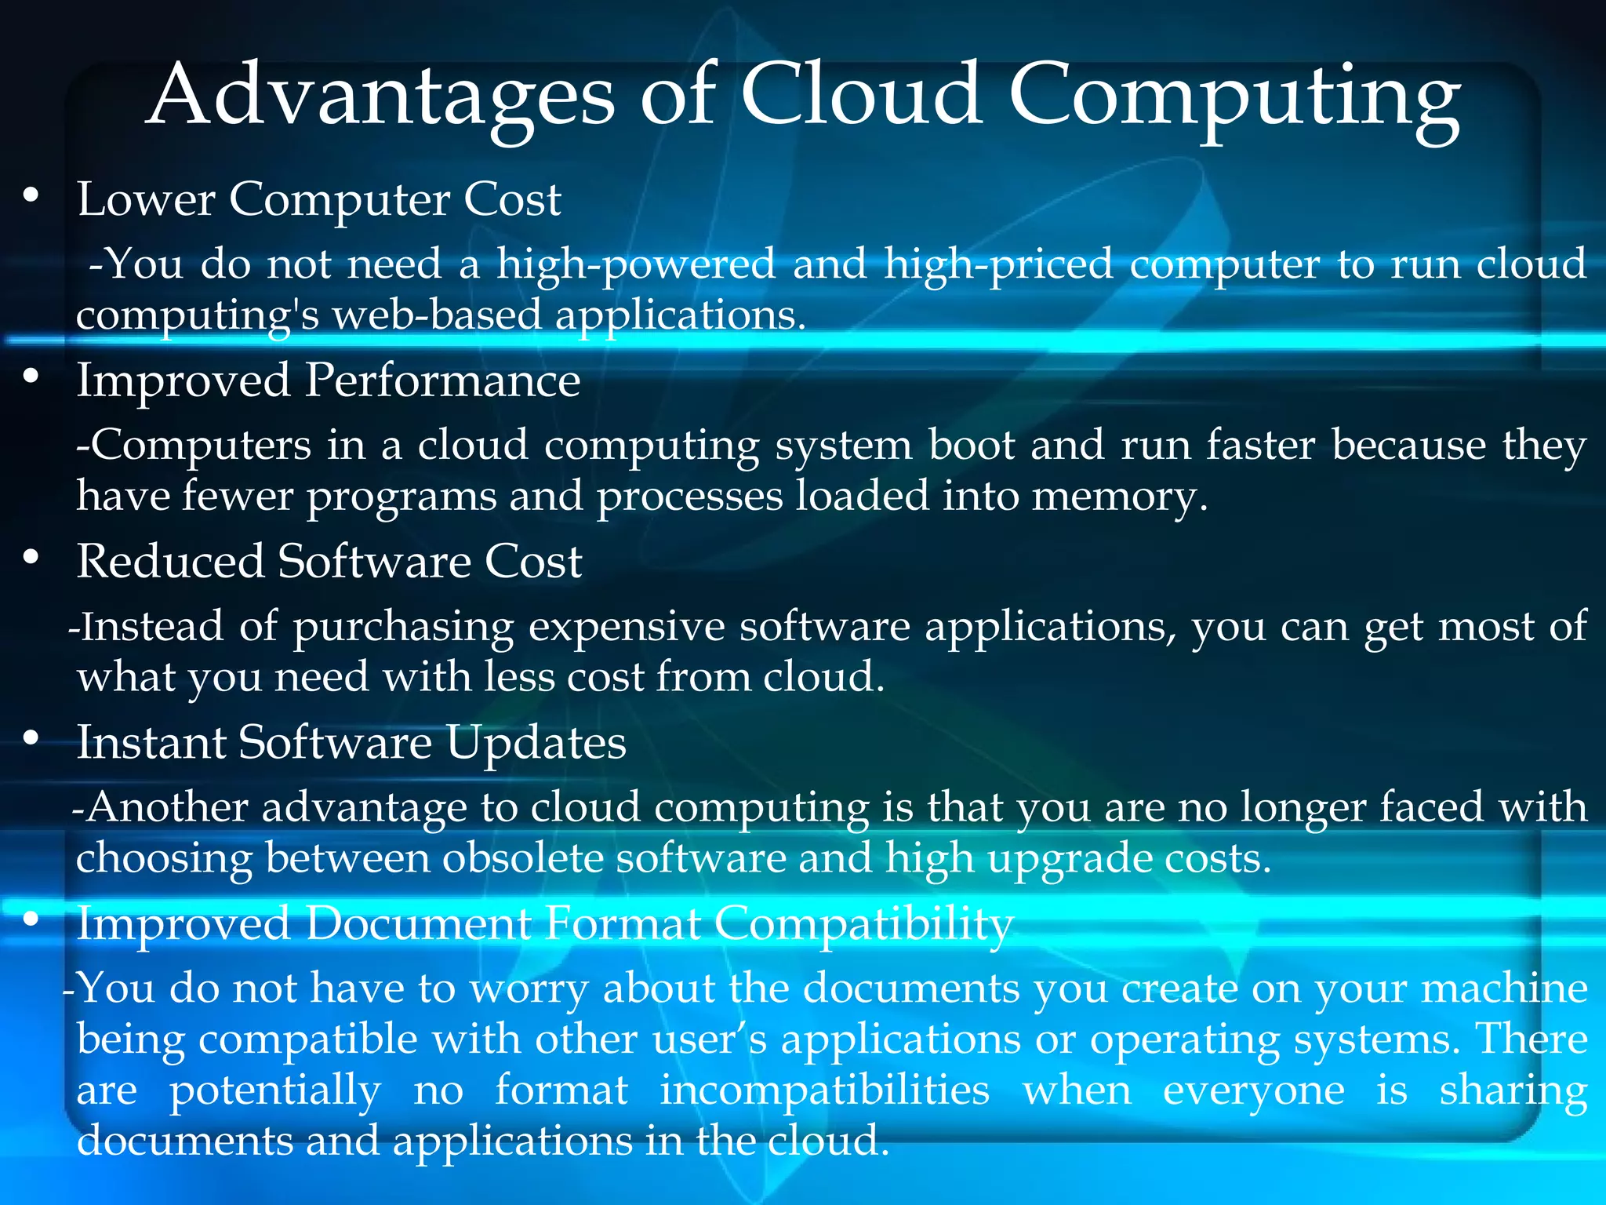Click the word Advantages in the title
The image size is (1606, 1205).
(381, 96)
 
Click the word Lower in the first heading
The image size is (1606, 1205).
(146, 199)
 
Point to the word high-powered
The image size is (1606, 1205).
(636, 264)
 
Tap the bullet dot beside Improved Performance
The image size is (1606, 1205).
(31, 377)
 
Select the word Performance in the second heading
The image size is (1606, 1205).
(442, 381)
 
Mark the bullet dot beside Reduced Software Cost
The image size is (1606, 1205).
(31, 558)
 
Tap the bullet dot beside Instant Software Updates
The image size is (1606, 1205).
(31, 738)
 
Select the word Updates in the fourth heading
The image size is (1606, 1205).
(536, 743)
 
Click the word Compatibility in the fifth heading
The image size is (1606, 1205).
(863, 924)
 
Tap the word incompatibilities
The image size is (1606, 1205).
(824, 1090)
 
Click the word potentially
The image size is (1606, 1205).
(275, 1091)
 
